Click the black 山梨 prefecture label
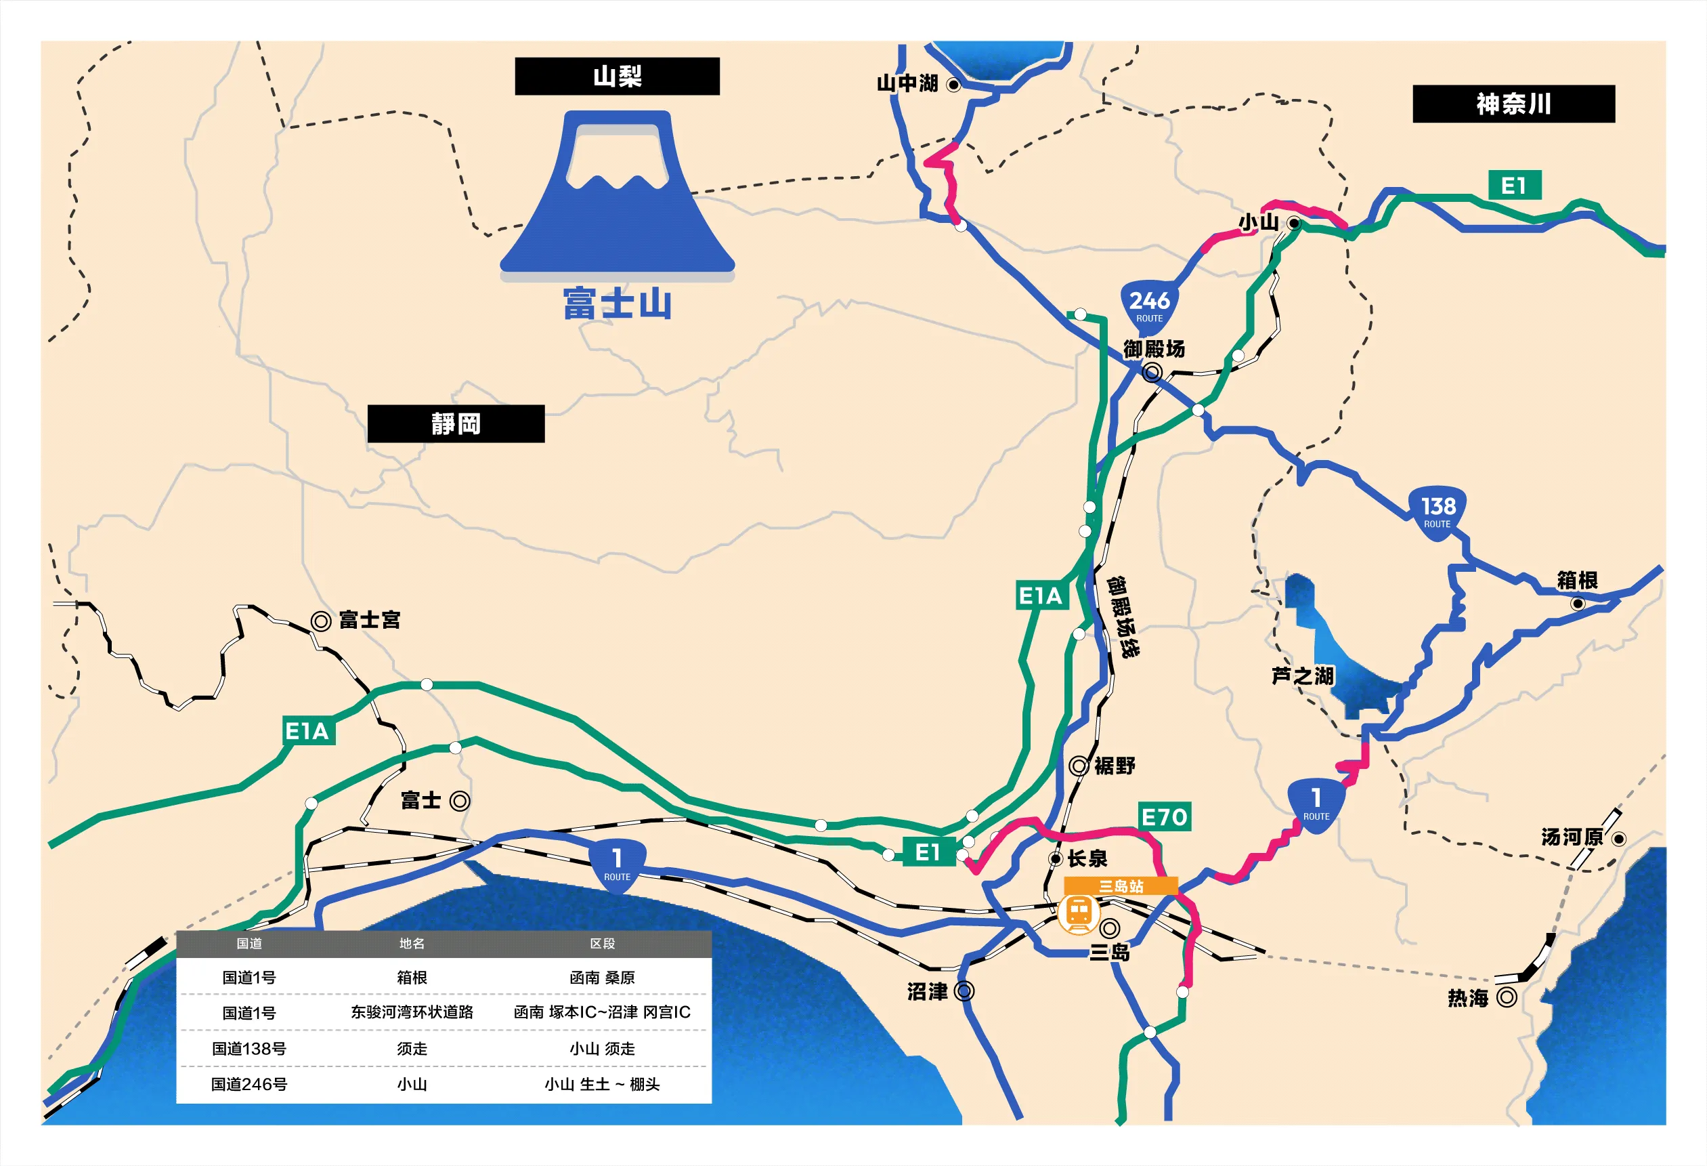click(x=617, y=77)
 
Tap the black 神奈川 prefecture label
click(x=1513, y=104)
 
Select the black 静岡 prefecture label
click(x=456, y=424)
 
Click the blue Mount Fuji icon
click(x=617, y=194)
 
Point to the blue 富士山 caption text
click(x=617, y=304)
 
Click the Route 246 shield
click(x=1149, y=306)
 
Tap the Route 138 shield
click(x=1438, y=512)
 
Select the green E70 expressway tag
click(x=1164, y=816)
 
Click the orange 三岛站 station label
click(x=1121, y=886)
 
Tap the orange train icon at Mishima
click(x=1078, y=913)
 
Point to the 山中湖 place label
click(x=908, y=84)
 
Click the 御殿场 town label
click(x=1154, y=349)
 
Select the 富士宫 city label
click(x=370, y=620)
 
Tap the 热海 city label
click(x=1467, y=998)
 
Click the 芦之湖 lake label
click(x=1302, y=676)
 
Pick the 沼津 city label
click(x=927, y=992)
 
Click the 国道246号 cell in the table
click(x=249, y=1085)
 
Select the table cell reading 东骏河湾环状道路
click(x=412, y=1012)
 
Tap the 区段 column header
click(x=603, y=943)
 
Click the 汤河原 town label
click(x=1572, y=837)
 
